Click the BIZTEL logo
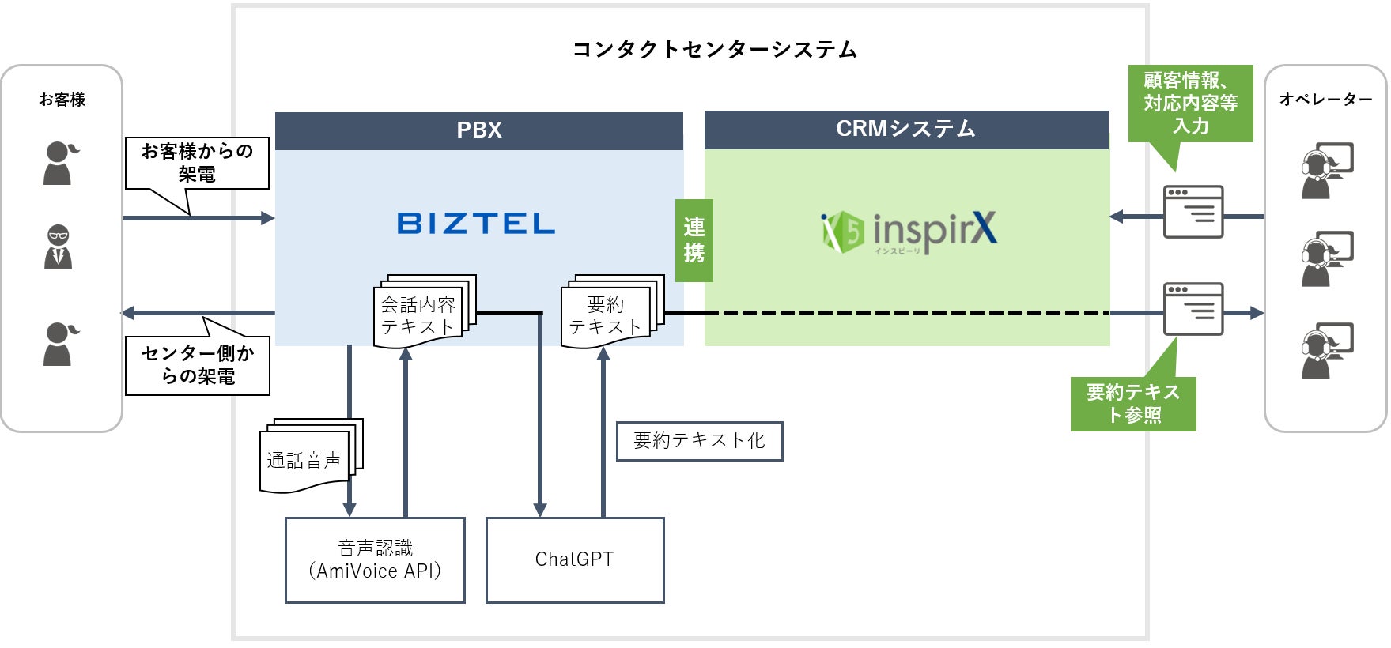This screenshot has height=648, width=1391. [475, 223]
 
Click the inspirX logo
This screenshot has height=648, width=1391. [909, 232]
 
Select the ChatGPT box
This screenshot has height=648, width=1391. [575, 559]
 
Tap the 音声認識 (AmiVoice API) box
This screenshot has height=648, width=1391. [375, 559]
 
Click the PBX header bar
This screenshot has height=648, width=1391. [478, 130]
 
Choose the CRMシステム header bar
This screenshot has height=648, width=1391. [906, 130]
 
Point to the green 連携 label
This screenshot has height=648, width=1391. [694, 240]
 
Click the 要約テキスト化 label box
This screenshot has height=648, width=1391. [699, 441]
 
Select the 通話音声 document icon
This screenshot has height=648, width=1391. [308, 456]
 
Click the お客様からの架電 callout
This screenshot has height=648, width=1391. [197, 163]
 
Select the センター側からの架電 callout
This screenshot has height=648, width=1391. [197, 365]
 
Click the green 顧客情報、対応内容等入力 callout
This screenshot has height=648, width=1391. [1190, 104]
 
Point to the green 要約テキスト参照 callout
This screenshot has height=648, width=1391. [1132, 403]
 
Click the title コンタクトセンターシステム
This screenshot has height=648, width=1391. [715, 50]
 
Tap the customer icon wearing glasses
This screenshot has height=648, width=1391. [58, 247]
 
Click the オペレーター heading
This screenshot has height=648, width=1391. [1325, 100]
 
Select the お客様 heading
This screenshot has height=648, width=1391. [62, 100]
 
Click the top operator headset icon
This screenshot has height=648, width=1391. [1326, 169]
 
